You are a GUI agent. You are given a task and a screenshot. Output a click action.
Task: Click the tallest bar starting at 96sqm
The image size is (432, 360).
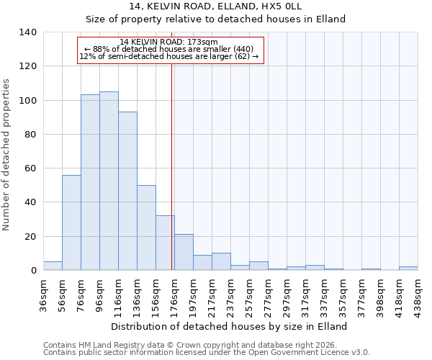109,181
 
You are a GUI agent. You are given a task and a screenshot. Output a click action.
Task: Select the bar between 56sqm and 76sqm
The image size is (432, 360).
71,222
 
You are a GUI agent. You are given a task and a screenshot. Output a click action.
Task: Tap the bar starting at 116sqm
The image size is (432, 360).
127,191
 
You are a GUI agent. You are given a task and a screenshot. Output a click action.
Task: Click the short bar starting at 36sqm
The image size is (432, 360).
53,266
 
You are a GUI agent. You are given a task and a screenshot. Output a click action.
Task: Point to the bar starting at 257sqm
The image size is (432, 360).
258,266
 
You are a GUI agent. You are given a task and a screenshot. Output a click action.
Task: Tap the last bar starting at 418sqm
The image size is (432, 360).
408,268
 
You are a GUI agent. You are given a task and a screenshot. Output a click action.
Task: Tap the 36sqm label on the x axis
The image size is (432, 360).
43,292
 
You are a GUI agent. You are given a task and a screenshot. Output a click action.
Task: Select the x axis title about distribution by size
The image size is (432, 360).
230,326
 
